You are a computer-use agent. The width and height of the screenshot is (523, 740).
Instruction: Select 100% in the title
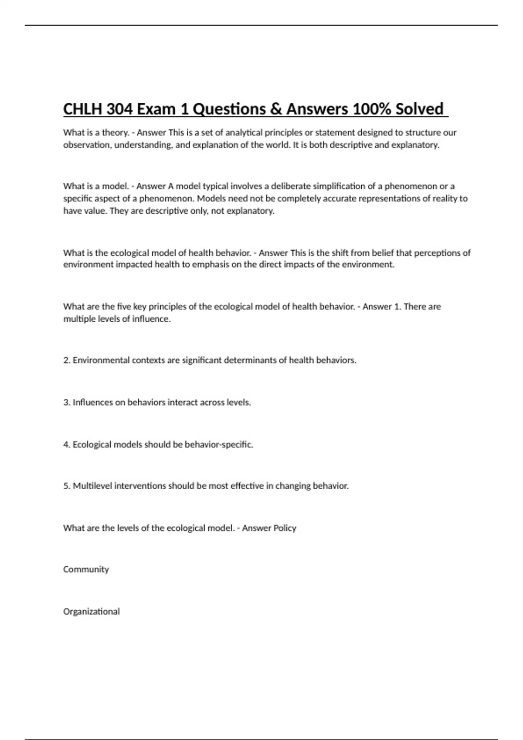tap(371, 109)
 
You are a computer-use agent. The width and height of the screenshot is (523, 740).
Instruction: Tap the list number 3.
tap(66, 403)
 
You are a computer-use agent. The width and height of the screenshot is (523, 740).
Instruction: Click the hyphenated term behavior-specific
tap(219, 444)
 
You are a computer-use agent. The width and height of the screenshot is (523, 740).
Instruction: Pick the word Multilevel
tap(92, 486)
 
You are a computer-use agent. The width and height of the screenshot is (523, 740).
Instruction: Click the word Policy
tap(285, 528)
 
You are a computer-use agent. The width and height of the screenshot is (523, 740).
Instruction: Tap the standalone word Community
tap(86, 569)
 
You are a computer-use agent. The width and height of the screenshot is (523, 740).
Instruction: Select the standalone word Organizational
tap(92, 612)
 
